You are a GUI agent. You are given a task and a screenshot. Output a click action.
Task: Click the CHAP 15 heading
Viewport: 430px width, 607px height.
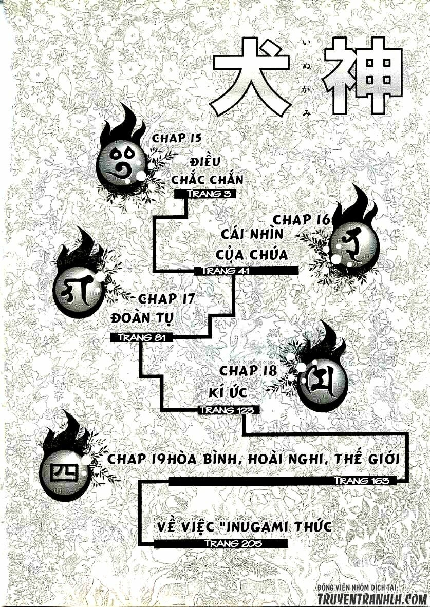click(x=176, y=138)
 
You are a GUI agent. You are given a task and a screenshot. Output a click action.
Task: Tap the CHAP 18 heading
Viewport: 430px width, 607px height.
click(x=249, y=371)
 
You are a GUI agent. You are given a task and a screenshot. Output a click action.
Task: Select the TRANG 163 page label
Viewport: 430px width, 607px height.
click(x=358, y=481)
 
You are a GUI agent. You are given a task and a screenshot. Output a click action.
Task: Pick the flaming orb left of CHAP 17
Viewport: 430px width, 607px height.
click(x=80, y=288)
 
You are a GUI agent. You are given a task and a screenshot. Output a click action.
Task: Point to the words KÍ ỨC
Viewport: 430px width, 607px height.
click(x=225, y=392)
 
